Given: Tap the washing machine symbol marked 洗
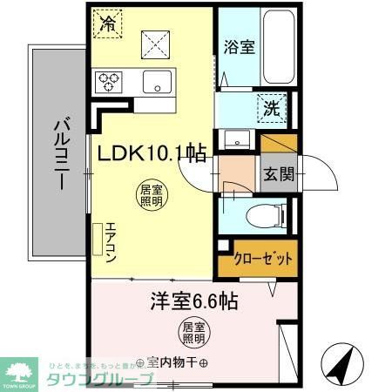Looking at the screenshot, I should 272,110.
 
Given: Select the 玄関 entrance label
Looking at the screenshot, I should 280,173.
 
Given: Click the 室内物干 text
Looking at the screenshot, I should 173,362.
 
